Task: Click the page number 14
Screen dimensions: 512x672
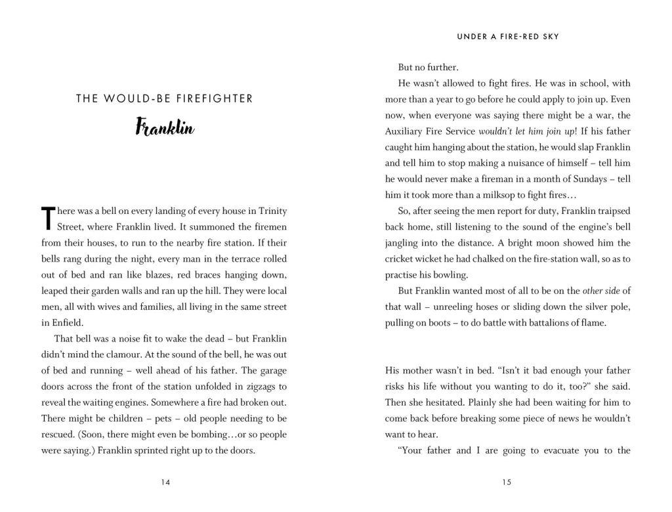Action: click(165, 482)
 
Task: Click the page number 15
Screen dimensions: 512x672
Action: click(507, 482)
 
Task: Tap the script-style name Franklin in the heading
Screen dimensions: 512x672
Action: click(165, 127)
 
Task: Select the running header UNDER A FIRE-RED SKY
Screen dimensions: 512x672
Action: click(508, 37)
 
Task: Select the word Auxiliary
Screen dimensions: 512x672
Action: click(405, 131)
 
